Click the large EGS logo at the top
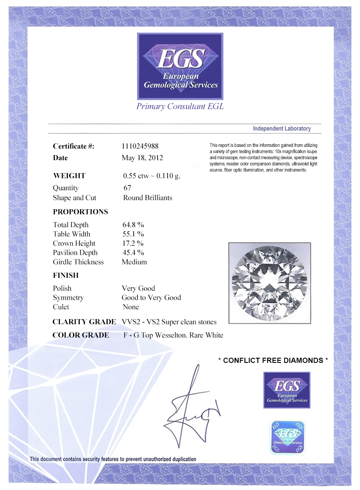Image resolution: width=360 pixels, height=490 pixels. [180, 66]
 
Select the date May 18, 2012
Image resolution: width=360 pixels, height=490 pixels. [142, 158]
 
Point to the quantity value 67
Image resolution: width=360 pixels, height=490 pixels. [127, 188]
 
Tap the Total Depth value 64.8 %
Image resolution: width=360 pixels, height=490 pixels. [133, 225]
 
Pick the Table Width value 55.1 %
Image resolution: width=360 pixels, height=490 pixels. [133, 234]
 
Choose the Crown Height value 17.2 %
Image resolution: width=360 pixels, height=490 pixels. [133, 243]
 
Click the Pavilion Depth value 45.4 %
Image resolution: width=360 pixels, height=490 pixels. [133, 253]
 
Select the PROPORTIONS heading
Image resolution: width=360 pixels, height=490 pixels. [80, 212]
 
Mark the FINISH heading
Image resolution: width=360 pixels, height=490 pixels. [66, 275]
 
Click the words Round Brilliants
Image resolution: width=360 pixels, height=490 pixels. [147, 198]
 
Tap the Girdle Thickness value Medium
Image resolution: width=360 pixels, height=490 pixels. [134, 262]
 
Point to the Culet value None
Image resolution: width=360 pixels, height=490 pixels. [131, 307]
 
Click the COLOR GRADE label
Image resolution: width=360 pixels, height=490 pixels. [81, 335]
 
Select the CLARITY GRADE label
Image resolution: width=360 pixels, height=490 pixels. [84, 322]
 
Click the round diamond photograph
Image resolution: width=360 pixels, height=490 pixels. [269, 283]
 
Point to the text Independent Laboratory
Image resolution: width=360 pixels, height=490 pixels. [281, 128]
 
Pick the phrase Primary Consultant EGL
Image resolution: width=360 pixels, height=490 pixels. [180, 107]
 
